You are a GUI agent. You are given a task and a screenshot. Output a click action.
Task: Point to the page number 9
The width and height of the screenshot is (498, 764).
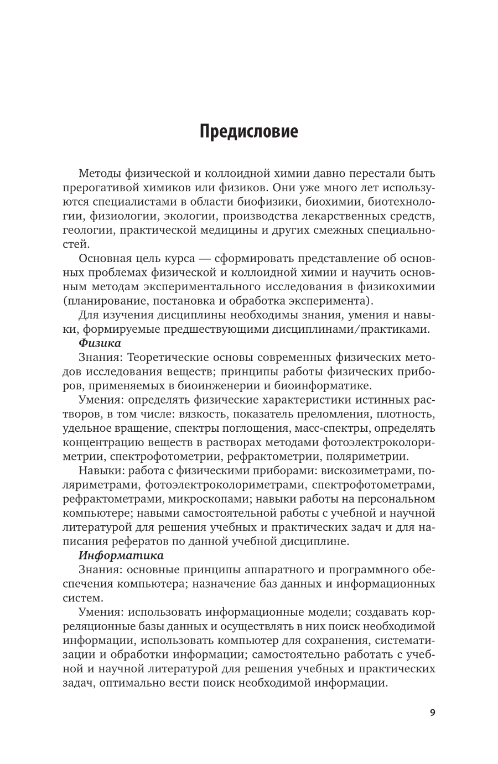[432, 712]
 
